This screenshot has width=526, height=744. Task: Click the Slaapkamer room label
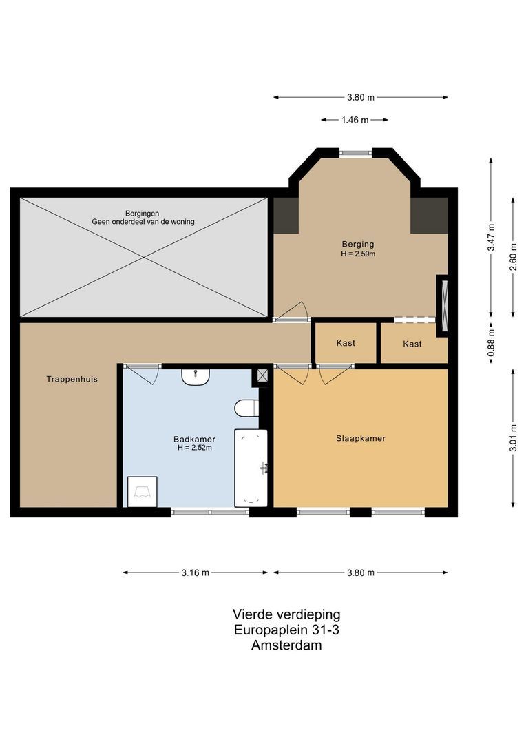pyautogui.click(x=361, y=438)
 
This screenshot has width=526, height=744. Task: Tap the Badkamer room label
pyautogui.click(x=194, y=440)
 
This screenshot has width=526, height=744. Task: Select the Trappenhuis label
pyautogui.click(x=72, y=379)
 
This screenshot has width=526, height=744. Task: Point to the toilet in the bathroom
pyautogui.click(x=246, y=408)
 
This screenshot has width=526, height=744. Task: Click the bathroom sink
pyautogui.click(x=196, y=378)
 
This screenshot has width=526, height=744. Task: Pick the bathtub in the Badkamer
pyautogui.click(x=251, y=468)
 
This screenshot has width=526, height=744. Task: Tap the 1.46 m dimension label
pyautogui.click(x=355, y=120)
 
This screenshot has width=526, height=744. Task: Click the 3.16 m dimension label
pyautogui.click(x=195, y=572)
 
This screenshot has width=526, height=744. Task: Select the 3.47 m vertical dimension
pyautogui.click(x=492, y=237)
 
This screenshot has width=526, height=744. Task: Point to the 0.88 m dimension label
pyautogui.click(x=492, y=342)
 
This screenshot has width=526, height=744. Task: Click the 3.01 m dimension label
pyautogui.click(x=513, y=438)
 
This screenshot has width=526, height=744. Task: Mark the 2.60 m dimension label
pyautogui.click(x=513, y=257)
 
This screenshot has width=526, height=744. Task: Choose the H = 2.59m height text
pyautogui.click(x=358, y=254)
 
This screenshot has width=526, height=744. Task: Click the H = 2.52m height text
pyautogui.click(x=194, y=448)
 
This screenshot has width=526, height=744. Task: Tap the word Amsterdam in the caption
pyautogui.click(x=286, y=645)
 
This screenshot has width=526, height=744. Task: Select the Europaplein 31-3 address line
pyautogui.click(x=286, y=630)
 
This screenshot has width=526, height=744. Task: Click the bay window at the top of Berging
pyautogui.click(x=356, y=153)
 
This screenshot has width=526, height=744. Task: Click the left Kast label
pyautogui.click(x=346, y=342)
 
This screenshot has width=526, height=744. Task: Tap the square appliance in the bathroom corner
pyautogui.click(x=143, y=492)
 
